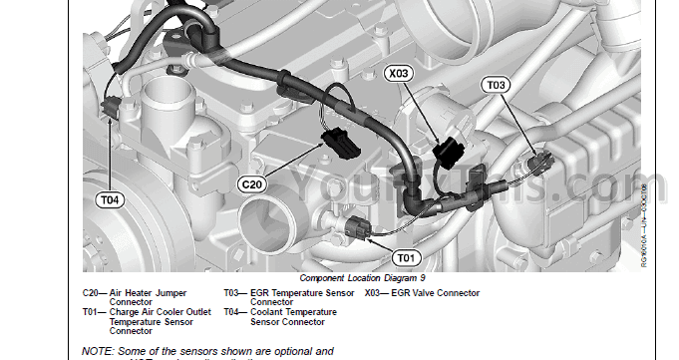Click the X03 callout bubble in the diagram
[x=398, y=74]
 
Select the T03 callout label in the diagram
[x=497, y=86]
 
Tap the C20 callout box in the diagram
[x=253, y=184]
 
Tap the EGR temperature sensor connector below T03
[x=539, y=163]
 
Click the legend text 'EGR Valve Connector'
[x=438, y=293]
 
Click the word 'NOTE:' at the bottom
[x=98, y=352]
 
